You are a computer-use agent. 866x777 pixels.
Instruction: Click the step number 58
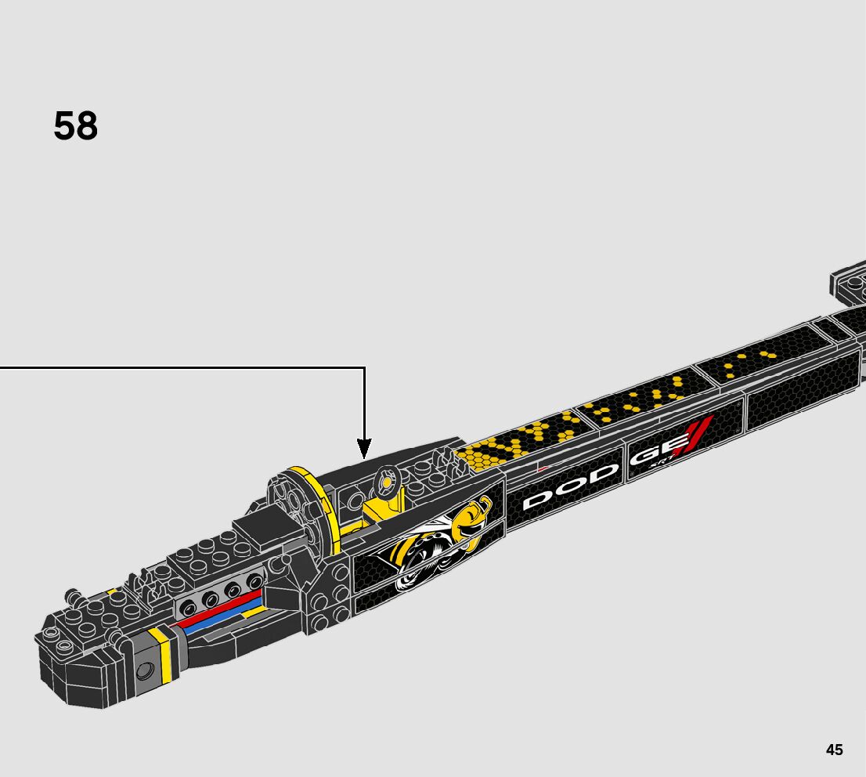click(x=76, y=126)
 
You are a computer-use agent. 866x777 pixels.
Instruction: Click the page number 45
click(x=834, y=750)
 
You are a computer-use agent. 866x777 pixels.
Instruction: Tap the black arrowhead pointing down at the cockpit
click(x=364, y=449)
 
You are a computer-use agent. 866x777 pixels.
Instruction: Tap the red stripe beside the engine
click(x=221, y=609)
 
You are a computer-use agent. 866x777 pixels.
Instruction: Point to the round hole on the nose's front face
click(x=145, y=670)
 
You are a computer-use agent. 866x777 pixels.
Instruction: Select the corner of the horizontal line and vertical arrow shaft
click(x=365, y=367)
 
